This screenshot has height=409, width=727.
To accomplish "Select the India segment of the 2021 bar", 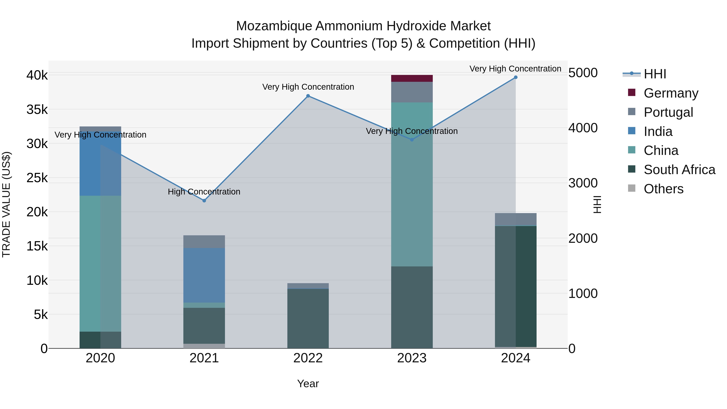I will coord(204,275).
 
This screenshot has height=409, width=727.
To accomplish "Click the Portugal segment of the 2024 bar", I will coord(516,219).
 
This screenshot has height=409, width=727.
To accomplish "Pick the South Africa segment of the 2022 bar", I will coord(308,318).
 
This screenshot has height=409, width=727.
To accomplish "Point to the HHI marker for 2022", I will coord(308,96).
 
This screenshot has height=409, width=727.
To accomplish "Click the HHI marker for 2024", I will coord(516,77).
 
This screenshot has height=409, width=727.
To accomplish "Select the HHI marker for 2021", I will coord(204,201).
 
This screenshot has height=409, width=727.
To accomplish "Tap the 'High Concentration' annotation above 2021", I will coord(204,192).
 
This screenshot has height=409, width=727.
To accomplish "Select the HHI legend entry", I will coord(655,74).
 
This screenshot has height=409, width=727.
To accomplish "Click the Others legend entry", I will coord(663,189).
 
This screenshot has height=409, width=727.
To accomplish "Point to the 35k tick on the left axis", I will coord(37,109).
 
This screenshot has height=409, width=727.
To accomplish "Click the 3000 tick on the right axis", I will coord(583,183).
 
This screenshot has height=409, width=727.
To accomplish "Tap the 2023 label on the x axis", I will coord(412,358).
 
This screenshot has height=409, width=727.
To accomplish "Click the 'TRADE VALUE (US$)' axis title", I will coord(6,204).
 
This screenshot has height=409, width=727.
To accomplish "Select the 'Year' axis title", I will coord(308,384).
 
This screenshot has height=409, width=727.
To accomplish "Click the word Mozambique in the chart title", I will coord(274,26).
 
